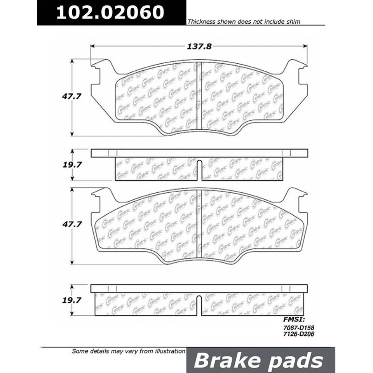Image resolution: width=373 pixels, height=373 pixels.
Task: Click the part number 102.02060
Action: point(110,13)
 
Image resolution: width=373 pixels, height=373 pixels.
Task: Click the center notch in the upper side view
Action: point(199,170)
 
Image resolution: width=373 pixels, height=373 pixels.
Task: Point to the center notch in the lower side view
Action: point(199,305)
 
